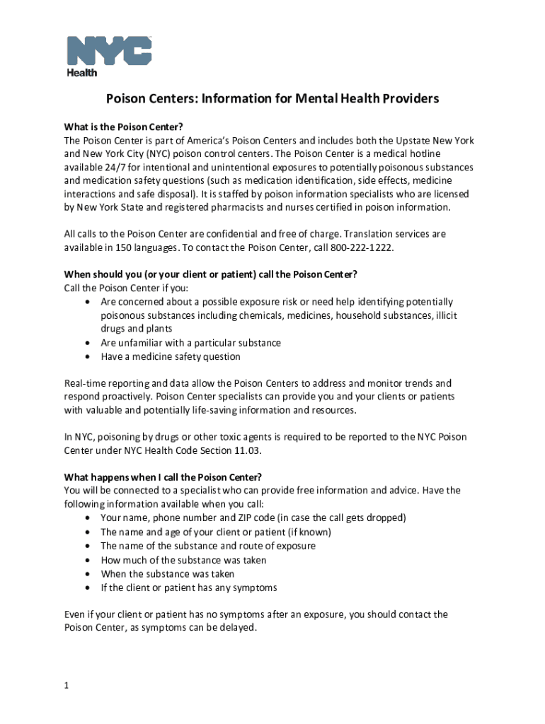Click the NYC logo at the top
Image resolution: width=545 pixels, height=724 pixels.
[109, 50]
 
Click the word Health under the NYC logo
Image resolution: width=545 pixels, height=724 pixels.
[82, 72]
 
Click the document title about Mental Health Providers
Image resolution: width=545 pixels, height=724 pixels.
[272, 98]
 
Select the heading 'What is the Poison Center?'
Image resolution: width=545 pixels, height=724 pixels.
[123, 127]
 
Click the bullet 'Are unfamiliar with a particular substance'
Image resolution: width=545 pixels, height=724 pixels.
[190, 343]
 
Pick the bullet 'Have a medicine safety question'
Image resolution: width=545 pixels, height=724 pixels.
[171, 357]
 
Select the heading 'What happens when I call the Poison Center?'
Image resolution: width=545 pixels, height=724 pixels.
[168, 477]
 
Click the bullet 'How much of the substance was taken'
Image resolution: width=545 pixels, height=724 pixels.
[183, 560]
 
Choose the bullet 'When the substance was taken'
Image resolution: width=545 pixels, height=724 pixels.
[167, 574]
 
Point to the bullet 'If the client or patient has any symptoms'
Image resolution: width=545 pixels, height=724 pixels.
[188, 588]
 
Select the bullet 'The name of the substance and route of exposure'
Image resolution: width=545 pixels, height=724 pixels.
[208, 546]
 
